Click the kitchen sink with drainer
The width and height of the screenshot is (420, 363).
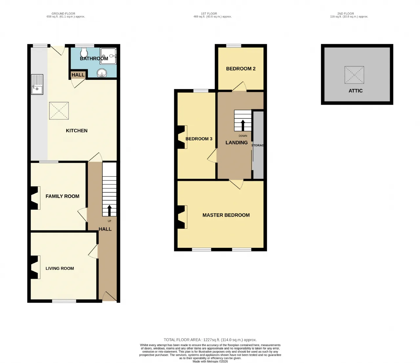[x=37, y=84]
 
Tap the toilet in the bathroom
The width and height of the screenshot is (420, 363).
[x=84, y=53]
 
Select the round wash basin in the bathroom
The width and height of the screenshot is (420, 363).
[x=102, y=73]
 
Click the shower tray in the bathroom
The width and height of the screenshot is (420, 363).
[x=108, y=56]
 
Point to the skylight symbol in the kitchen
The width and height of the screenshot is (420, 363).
[x=59, y=111]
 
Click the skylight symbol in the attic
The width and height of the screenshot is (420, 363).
[x=354, y=75]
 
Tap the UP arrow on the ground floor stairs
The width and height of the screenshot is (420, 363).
[x=109, y=211]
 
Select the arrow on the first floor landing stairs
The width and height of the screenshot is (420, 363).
[x=243, y=125]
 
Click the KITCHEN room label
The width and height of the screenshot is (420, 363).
[x=76, y=131]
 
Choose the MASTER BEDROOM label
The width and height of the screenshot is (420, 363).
[x=226, y=215]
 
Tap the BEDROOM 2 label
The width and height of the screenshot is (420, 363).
[x=241, y=69]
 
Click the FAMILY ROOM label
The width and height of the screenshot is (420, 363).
[x=62, y=196]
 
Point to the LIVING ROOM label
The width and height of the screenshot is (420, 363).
[x=60, y=268]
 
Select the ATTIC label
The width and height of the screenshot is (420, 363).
[x=356, y=91]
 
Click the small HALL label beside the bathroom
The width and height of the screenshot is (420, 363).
[x=78, y=75]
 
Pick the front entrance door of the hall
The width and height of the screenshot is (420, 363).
[x=110, y=297]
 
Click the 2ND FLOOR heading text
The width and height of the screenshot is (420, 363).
[x=346, y=13]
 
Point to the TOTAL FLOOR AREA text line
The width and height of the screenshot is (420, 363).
[x=210, y=340]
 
